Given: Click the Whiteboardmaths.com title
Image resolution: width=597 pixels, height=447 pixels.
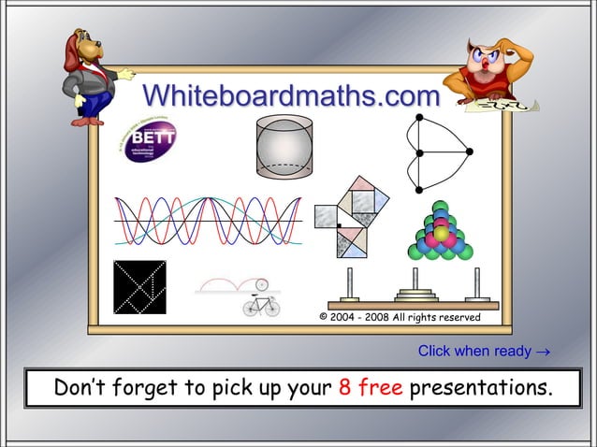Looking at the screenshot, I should (x=291, y=95).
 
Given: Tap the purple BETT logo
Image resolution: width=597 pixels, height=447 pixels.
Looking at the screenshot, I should (x=150, y=142).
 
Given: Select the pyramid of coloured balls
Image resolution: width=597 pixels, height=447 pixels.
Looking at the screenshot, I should (x=441, y=232).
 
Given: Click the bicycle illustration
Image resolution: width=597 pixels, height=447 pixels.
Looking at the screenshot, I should (x=262, y=306).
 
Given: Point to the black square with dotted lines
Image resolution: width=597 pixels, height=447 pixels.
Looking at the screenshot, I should (x=139, y=287).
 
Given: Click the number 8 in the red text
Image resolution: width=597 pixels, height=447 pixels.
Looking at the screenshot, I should (x=344, y=387).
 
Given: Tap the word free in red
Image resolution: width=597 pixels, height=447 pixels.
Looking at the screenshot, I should (x=380, y=387).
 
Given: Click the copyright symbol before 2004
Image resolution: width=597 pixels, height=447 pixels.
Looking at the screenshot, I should (x=324, y=318).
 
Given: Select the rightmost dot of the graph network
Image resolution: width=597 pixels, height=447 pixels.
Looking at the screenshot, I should (x=470, y=151).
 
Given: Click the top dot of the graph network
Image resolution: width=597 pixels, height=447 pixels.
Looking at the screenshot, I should (x=419, y=116).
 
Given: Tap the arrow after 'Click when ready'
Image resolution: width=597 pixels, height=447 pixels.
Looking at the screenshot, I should (x=543, y=353).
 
